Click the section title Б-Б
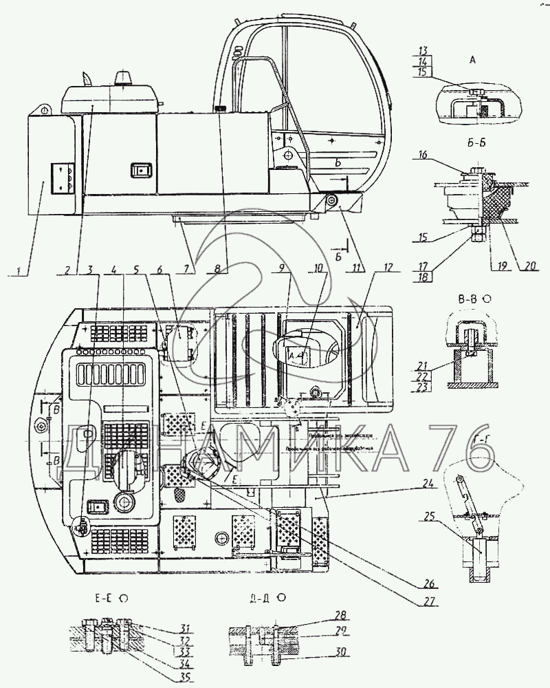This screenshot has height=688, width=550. click(472, 147)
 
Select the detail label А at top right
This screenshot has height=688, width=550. click(472, 61)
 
